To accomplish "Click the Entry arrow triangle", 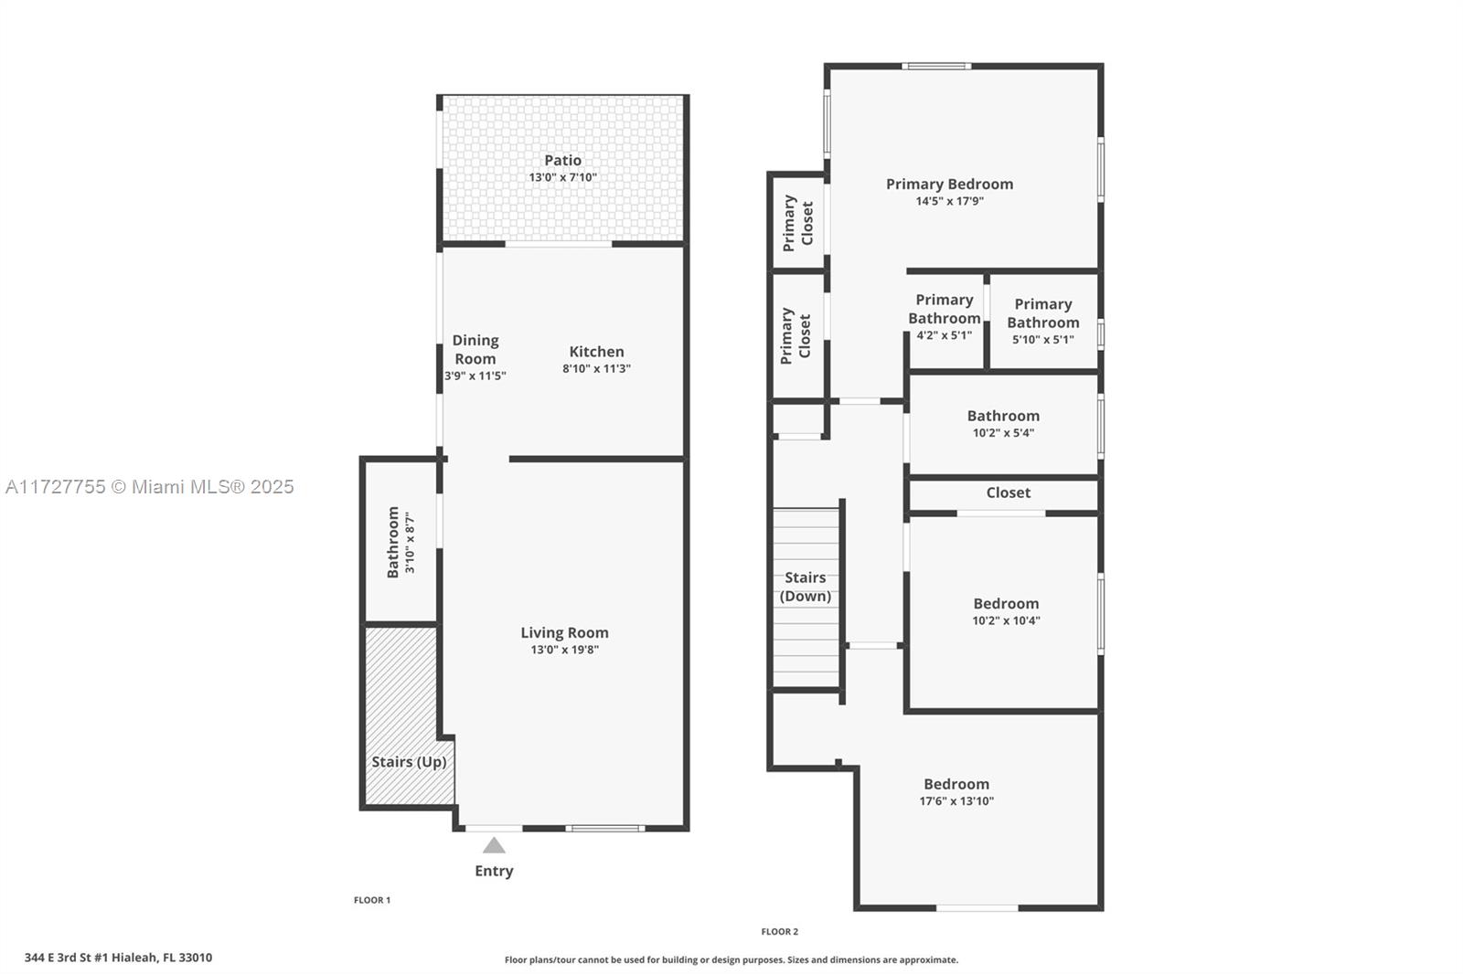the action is [x=494, y=845].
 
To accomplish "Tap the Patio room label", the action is [x=563, y=160].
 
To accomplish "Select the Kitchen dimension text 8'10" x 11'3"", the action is [x=596, y=368].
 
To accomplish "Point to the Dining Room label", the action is [x=475, y=349].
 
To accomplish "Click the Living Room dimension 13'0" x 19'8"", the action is [x=564, y=650].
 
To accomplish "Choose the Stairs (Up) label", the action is [x=409, y=762].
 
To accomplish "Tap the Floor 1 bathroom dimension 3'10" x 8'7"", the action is [x=410, y=543].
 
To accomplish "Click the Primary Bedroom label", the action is [x=950, y=184].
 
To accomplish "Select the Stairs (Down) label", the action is [x=806, y=587].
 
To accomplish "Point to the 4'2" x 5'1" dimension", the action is [x=944, y=335].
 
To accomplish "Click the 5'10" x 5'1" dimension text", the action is [x=1043, y=340].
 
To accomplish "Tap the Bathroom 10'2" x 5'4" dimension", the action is [x=1003, y=433].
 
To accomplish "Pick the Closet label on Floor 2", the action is [x=1009, y=492].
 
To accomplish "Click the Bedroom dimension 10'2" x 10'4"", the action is [x=1006, y=620].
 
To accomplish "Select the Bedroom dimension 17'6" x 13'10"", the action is [x=956, y=801].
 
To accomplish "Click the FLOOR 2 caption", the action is [x=780, y=932].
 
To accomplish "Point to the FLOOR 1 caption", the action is [x=372, y=900].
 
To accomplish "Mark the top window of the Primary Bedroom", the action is [x=936, y=66].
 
